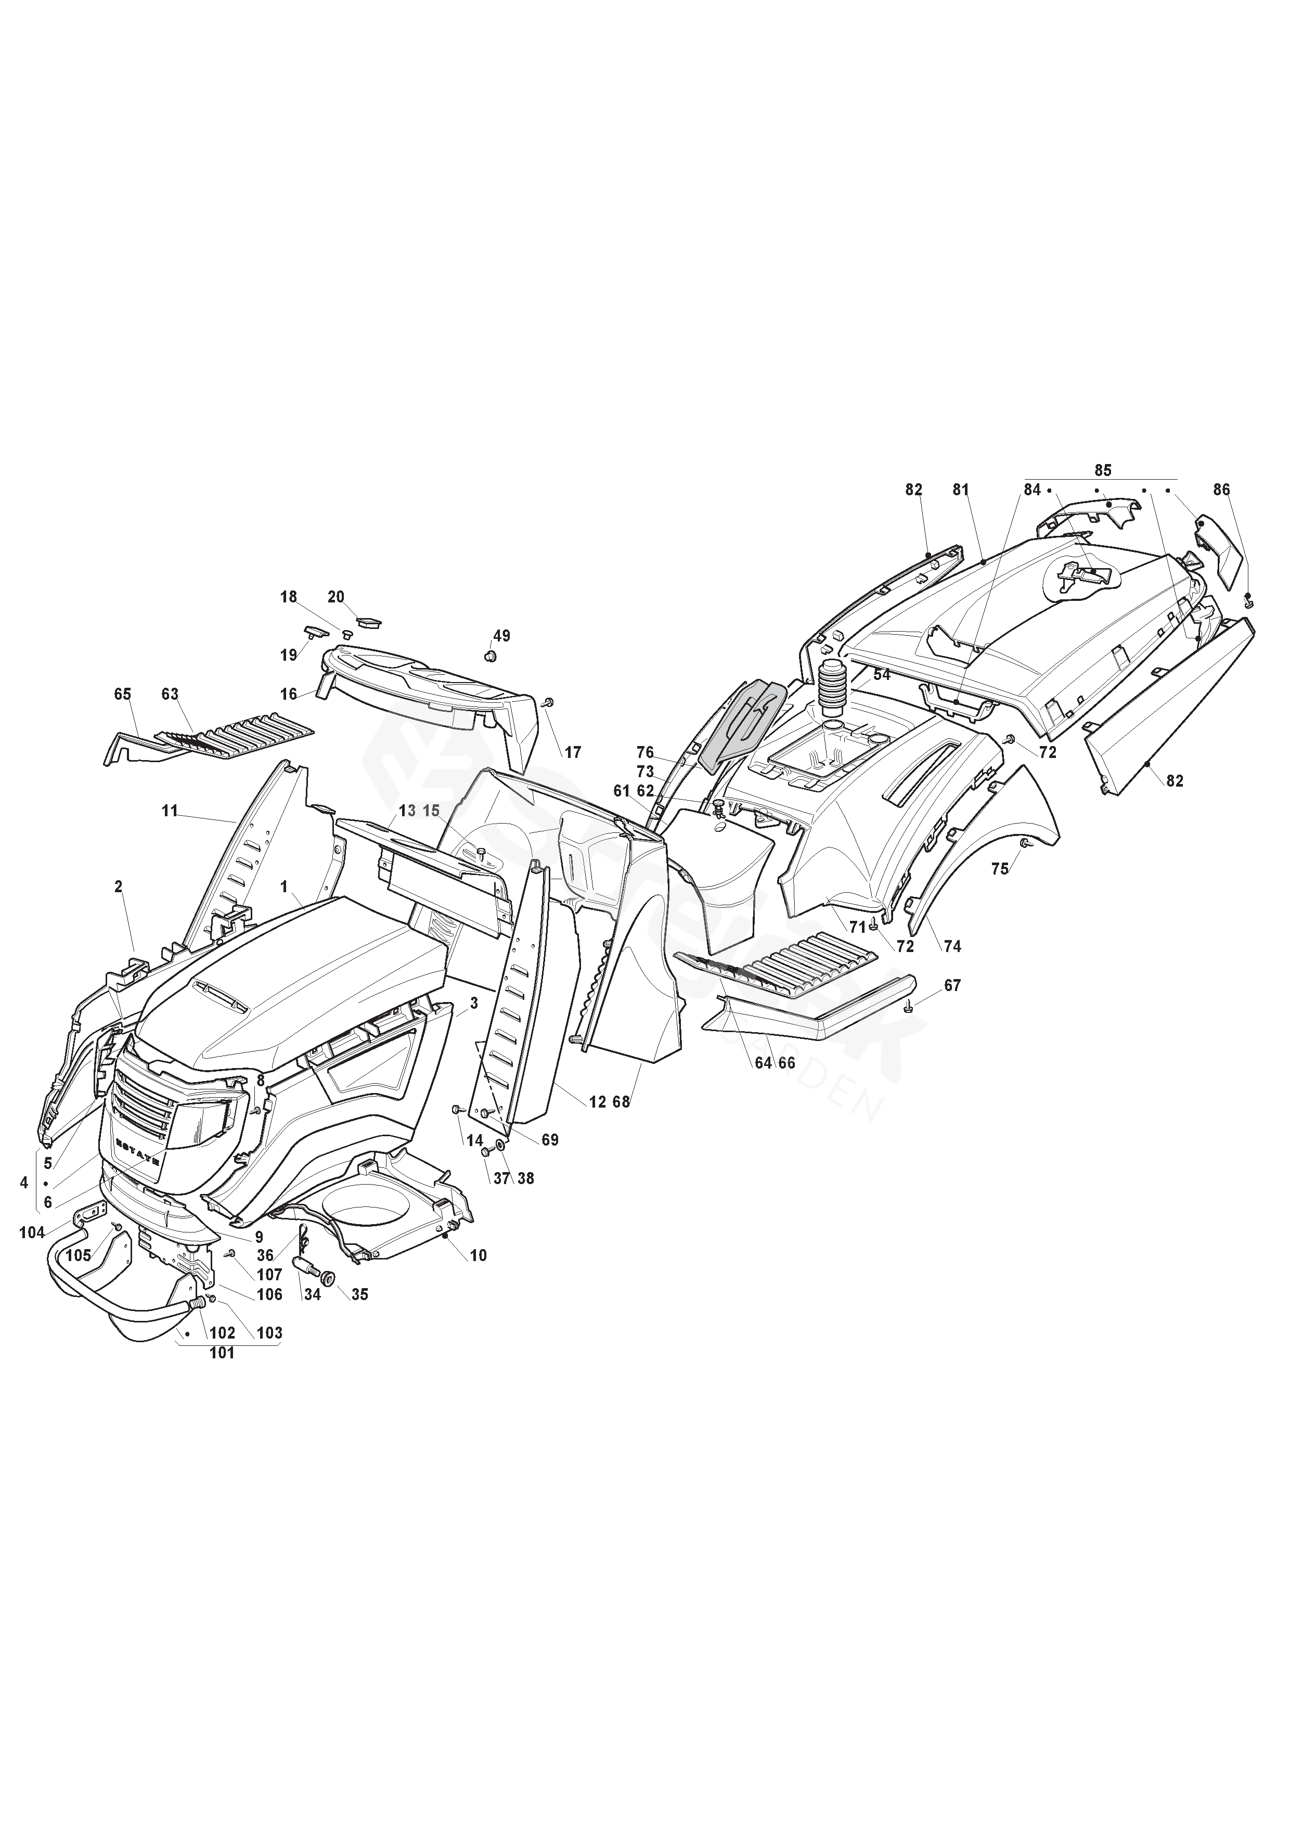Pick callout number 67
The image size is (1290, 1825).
pyautogui.click(x=952, y=986)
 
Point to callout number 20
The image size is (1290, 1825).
pyautogui.click(x=336, y=597)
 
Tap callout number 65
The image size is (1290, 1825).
pyautogui.click(x=122, y=694)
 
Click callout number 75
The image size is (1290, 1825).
pyautogui.click(x=999, y=869)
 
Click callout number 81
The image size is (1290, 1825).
pyautogui.click(x=961, y=491)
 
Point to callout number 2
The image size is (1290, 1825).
pyautogui.click(x=119, y=886)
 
